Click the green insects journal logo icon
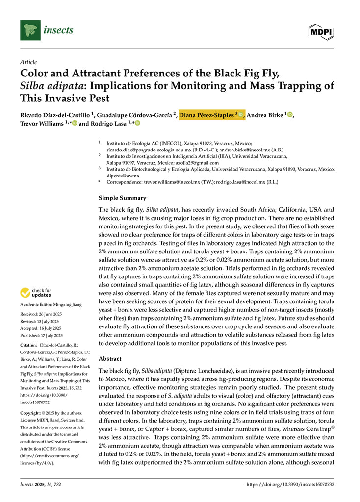tap(30, 30)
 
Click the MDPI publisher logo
tap(321, 31)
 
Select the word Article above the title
tap(28, 62)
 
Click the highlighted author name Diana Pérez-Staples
tap(208, 115)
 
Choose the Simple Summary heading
tap(122, 198)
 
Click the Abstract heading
tap(110, 359)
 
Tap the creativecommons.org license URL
tap(49, 456)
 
